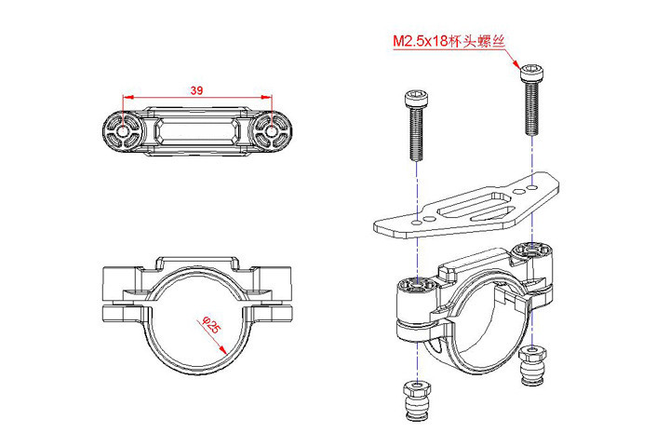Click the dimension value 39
pyautogui.click(x=196, y=90)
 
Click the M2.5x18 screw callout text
pyautogui.click(x=448, y=42)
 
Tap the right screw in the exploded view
pyautogui.click(x=531, y=99)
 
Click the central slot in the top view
pyautogui.click(x=197, y=131)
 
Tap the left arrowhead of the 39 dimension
pyautogui.click(x=127, y=96)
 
